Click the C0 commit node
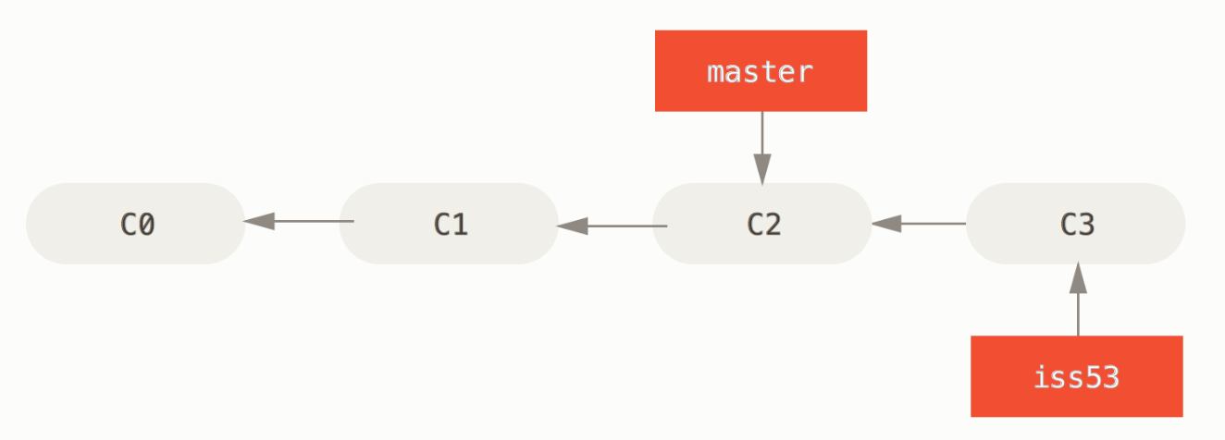tap(136, 224)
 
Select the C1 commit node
tap(449, 224)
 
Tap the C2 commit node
tap(762, 224)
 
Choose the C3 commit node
tap(1076, 224)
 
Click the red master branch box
tap(761, 71)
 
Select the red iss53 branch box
tap(1077, 376)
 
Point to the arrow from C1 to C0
tap(299, 221)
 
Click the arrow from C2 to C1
tap(612, 226)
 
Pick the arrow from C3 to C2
tap(920, 224)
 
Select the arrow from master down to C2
tap(762, 148)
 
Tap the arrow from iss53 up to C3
tap(1079, 299)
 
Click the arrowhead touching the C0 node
tap(259, 221)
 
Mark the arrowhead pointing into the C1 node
tap(572, 226)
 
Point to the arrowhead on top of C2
tap(762, 169)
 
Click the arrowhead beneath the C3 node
tap(1079, 277)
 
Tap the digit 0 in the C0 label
tap(146, 224)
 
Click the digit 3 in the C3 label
tap(1086, 224)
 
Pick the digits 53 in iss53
tap(1101, 377)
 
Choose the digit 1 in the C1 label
tap(460, 224)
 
